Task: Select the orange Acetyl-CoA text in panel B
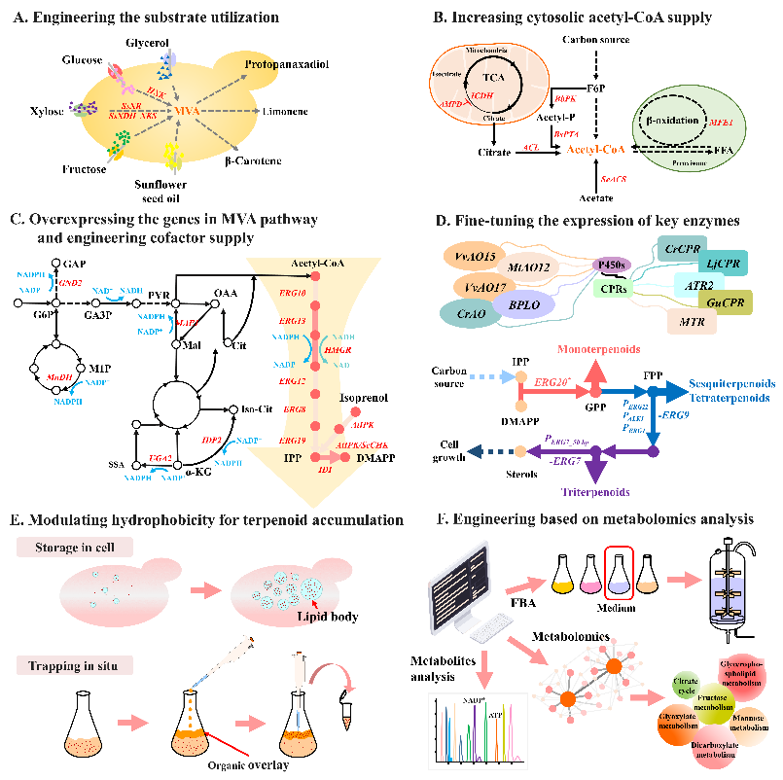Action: pos(594,149)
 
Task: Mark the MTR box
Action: pos(693,320)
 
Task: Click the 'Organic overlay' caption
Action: pos(254,762)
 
